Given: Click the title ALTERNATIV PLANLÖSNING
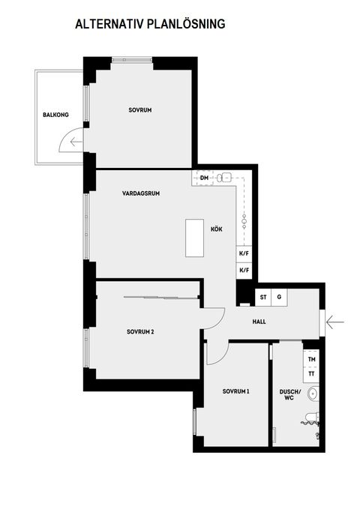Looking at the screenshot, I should pos(150,25).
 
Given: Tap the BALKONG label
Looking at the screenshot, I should pos(55,115).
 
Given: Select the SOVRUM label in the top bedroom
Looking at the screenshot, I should pos(140,110).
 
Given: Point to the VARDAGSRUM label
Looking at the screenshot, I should pos(141,193).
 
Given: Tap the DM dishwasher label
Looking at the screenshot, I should pos(204,178).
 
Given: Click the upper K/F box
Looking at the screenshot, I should pos(244,255).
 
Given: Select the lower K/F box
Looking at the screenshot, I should pos(244,271).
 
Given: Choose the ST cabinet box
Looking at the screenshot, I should pos(263,298).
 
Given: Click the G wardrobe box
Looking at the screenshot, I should pos(279,298).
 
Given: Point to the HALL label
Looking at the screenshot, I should pos(259,322).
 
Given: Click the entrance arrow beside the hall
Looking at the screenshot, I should pos(335,322).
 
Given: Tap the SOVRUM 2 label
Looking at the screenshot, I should pos(140,331).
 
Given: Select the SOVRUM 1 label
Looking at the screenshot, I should pos(236,392).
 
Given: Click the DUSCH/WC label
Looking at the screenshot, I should pos(289,395).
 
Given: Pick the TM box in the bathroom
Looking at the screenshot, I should pos(311,361).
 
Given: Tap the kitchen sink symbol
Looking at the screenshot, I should pos(223,178).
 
